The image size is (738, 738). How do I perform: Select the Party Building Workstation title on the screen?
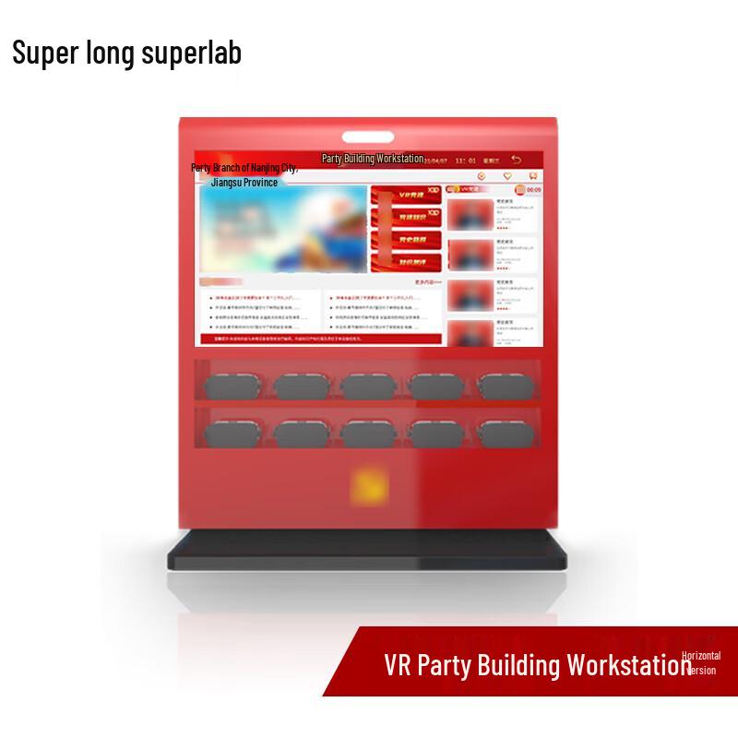tap(372, 159)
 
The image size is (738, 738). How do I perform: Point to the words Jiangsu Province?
tap(244, 183)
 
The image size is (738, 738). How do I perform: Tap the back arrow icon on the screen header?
tap(517, 160)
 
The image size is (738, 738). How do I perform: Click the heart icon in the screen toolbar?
tap(506, 175)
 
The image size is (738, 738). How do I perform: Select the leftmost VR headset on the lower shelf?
tap(233, 431)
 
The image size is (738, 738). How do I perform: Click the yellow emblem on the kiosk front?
tap(368, 485)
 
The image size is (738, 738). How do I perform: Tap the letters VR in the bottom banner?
tap(399, 666)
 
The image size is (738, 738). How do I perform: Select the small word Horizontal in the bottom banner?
tap(701, 654)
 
